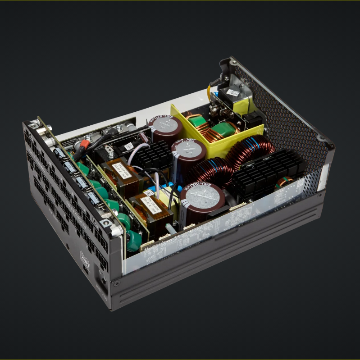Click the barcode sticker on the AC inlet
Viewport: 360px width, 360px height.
pos(232,92)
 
